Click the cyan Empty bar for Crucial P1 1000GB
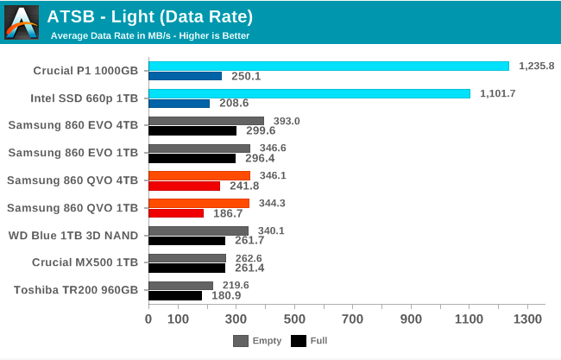328,66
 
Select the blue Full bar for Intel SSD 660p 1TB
179,104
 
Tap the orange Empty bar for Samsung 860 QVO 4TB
199,175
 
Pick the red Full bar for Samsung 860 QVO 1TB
176,212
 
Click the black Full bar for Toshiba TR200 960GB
175,295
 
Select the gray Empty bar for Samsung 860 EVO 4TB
205,121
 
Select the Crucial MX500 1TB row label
84,261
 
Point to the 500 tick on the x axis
294,319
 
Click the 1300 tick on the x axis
527,319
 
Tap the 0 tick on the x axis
148,319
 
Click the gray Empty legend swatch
240,341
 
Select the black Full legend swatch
299,341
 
